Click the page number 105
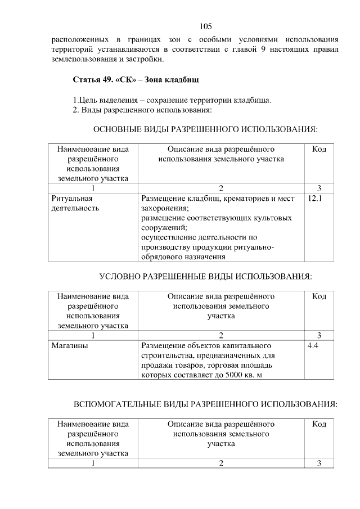click(205, 26)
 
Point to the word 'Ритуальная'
click(71, 199)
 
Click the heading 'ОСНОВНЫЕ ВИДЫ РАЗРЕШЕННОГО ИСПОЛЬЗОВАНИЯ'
click(205, 129)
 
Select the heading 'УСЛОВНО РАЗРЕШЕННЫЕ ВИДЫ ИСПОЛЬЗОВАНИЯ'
click(205, 276)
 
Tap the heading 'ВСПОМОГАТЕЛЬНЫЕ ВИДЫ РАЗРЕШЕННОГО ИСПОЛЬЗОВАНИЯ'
click(205, 404)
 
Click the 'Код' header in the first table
click(319, 149)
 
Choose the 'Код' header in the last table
click(319, 424)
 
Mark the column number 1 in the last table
click(93, 463)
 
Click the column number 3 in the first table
click(319, 188)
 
